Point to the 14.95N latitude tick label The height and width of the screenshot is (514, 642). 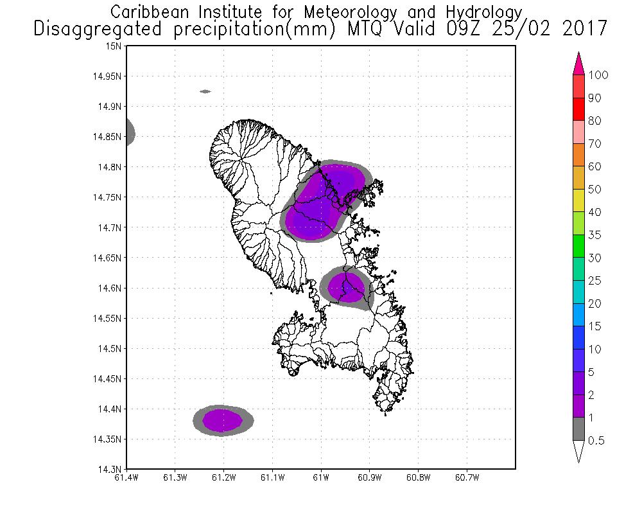[x=108, y=76]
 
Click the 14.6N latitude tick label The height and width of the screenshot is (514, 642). [x=110, y=288]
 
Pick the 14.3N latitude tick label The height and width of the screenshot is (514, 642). [x=110, y=470]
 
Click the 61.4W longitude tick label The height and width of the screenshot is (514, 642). [x=126, y=478]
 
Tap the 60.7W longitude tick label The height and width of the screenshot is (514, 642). [x=467, y=478]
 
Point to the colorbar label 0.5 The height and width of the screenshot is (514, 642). [x=598, y=441]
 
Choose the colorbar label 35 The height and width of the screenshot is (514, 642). [x=594, y=235]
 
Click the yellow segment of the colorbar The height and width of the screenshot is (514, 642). [x=578, y=201]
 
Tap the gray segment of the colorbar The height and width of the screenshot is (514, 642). [x=578, y=429]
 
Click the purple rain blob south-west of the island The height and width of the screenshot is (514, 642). [x=223, y=421]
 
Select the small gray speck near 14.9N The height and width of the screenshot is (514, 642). [x=205, y=91]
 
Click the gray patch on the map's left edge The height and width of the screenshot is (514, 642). [x=129, y=132]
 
